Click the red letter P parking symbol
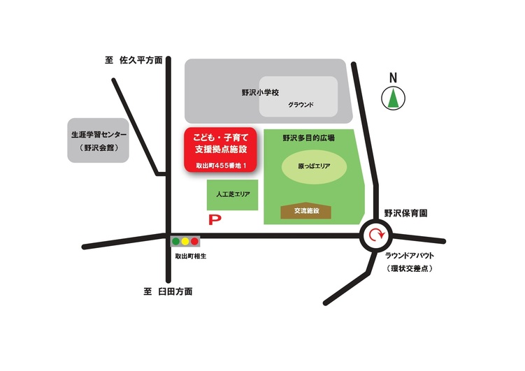215,220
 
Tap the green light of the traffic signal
176,242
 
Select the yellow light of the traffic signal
185,242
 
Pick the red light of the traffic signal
194,242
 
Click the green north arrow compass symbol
393,98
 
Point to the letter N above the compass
393,78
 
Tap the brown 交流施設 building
306,210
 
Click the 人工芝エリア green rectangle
233,194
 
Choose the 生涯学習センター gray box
98,139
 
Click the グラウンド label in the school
301,106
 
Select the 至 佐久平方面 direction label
133,61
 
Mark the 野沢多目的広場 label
308,138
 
